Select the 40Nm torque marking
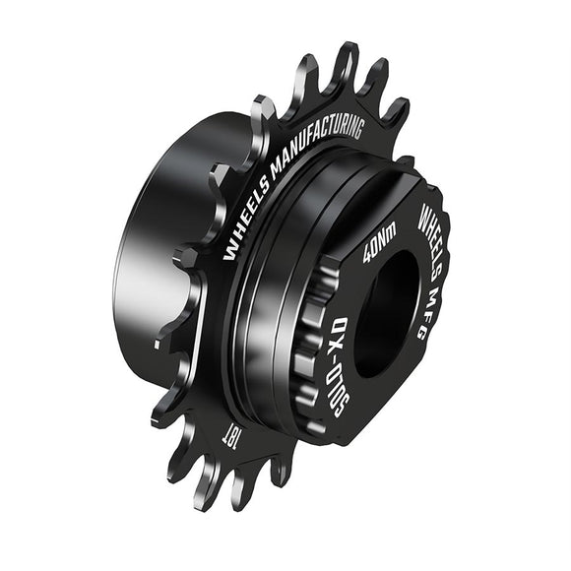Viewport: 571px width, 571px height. tap(380, 243)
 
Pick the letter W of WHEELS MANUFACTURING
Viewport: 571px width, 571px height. tap(229, 255)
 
